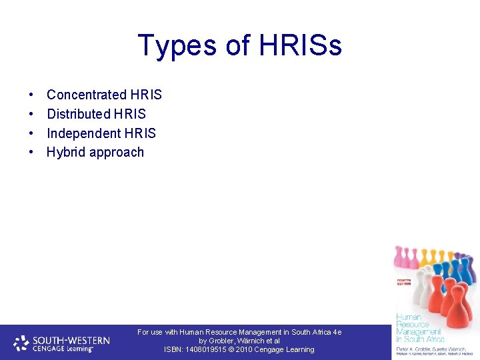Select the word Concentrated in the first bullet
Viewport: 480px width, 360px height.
[x=86, y=95]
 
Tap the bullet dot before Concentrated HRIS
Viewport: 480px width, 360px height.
[x=32, y=95]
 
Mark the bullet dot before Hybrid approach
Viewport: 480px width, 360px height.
[x=32, y=153]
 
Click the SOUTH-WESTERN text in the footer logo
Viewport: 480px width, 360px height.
[x=71, y=339]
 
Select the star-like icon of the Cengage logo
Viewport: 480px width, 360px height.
[x=21, y=343]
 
